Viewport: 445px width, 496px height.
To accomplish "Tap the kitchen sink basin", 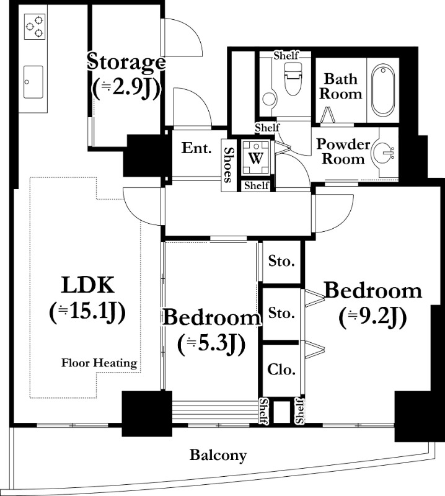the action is [x=33, y=82].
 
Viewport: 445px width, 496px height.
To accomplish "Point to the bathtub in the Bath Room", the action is [x=383, y=90].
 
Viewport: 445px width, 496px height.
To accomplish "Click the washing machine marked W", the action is [x=255, y=157].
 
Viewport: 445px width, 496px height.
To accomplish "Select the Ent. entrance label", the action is [x=196, y=148].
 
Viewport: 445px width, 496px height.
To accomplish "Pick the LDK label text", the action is [x=87, y=285].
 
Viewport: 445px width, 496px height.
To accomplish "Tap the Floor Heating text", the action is [x=99, y=363].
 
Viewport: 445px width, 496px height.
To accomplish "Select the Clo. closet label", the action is [x=281, y=369].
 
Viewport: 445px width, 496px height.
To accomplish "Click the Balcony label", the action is [x=218, y=456].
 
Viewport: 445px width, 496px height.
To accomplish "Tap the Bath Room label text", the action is [x=341, y=86].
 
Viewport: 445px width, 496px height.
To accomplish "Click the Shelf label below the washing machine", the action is [x=257, y=185].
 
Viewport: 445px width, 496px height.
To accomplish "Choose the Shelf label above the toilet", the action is [x=286, y=56].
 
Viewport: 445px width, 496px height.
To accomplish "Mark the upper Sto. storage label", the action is [x=281, y=261].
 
